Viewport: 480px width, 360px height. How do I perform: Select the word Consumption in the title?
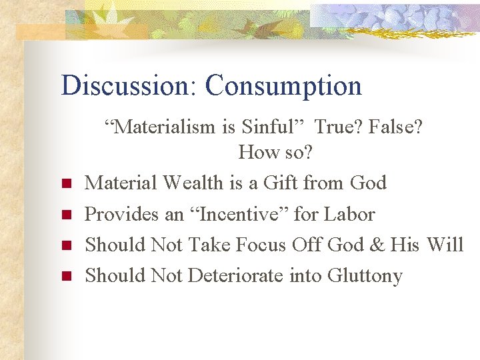283,86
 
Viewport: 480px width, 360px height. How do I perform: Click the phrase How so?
275,153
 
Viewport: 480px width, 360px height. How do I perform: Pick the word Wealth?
195,183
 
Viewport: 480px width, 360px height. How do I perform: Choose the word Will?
445,245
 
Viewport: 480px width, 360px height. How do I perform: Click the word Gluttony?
365,276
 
